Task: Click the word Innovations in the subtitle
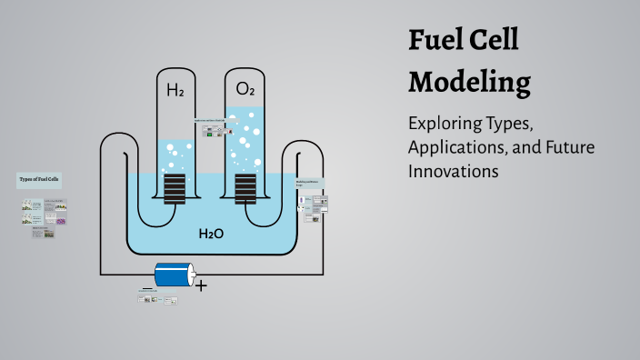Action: pos(454,170)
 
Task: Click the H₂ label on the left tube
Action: pos(175,90)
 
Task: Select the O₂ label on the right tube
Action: pos(245,89)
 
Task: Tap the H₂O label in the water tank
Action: pos(211,235)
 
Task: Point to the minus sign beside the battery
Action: pos(147,288)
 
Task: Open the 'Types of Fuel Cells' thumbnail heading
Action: pos(39,180)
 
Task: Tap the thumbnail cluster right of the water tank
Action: pos(311,201)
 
